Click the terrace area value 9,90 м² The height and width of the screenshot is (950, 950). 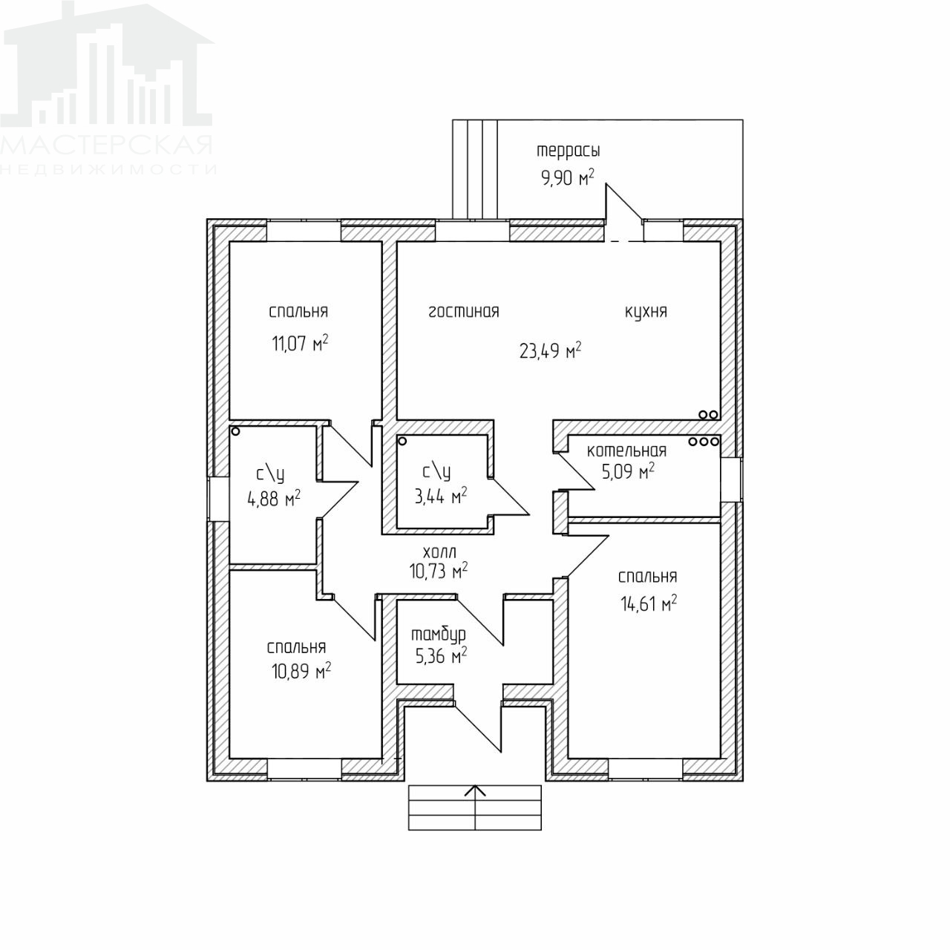pos(568,177)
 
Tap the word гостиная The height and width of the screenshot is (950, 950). pos(463,312)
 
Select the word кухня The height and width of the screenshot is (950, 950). pos(646,312)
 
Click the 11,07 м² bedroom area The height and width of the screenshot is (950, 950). pos(300,343)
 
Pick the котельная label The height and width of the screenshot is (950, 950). pos(626,450)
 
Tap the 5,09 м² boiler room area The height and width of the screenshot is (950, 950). pos(628,472)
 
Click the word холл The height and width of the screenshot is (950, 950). pos(440,551)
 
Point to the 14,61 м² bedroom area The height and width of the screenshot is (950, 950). pos(649,603)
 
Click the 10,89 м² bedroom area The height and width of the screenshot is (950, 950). pos(301,670)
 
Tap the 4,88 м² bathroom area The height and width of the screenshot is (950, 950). pos(274,499)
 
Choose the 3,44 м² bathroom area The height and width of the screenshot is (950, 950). pos(441,496)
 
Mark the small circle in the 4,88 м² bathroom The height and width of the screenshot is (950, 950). pos(236,431)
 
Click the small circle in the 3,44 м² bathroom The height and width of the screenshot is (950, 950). pos(402,441)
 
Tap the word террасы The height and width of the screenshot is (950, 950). pos(569,151)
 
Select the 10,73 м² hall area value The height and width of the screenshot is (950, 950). pos(439,571)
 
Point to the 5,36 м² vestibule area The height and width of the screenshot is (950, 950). pos(441,656)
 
